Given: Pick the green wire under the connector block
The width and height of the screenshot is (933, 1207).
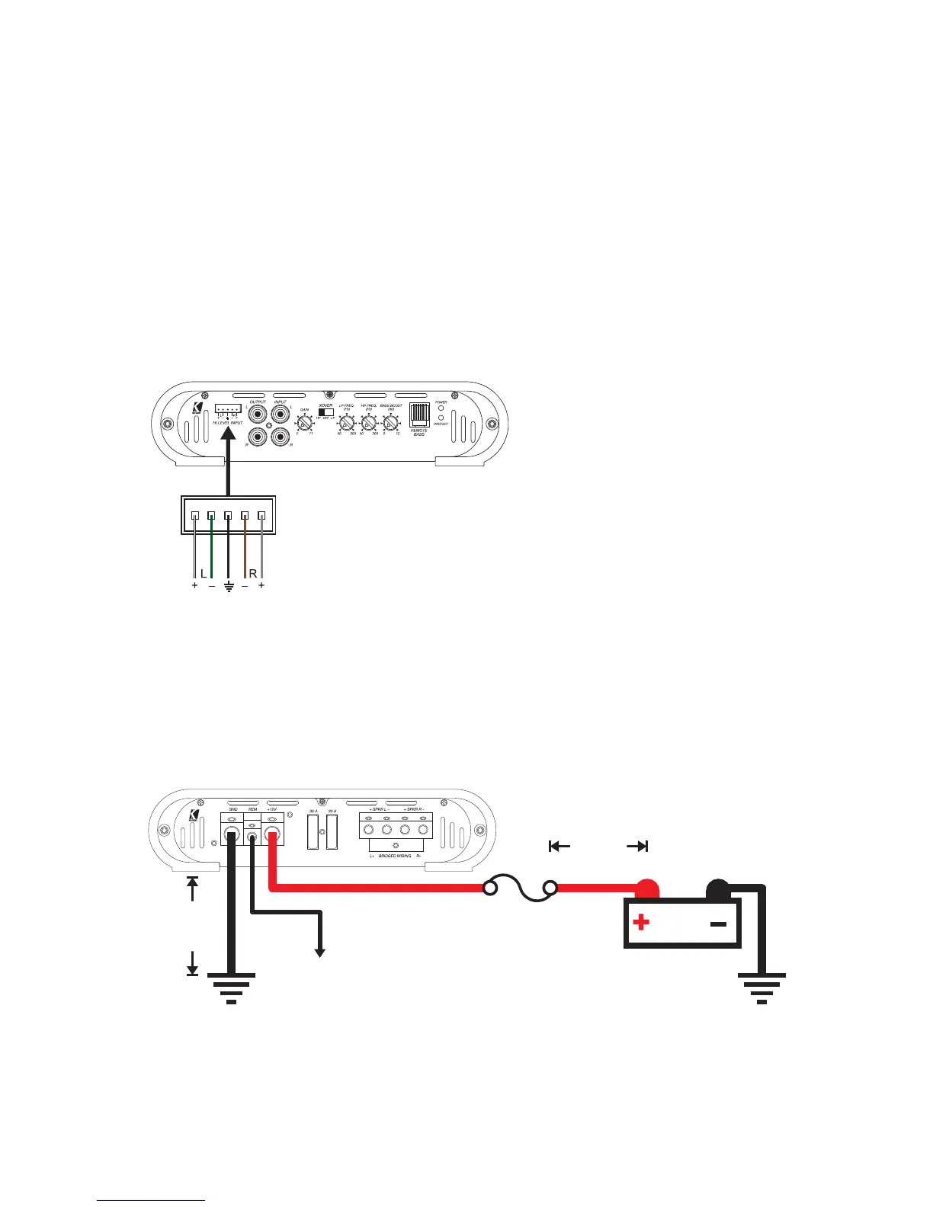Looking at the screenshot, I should pos(211,549).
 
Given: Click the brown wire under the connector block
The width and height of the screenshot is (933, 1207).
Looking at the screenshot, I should pos(245,549).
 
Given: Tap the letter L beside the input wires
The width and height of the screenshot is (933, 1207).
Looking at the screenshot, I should pos(203,573).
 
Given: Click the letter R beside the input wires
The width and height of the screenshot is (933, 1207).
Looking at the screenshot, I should pos(253,573).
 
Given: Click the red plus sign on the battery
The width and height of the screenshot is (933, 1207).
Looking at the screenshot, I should pos(641,923).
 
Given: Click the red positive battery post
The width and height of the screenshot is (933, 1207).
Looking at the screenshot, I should pos(648,888).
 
